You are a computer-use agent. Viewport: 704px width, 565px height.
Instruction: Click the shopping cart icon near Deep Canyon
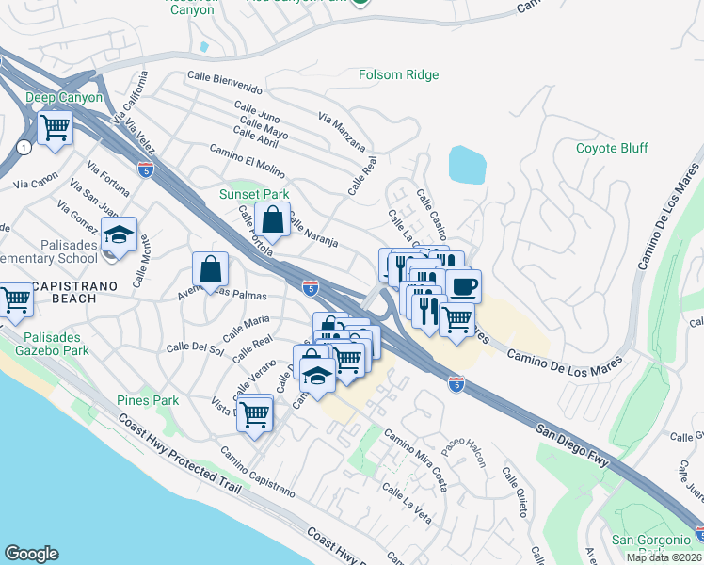point(56,126)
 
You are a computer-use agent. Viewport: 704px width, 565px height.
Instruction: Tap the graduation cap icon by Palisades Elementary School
point(120,235)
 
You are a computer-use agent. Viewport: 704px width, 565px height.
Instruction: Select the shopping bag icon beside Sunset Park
point(272,220)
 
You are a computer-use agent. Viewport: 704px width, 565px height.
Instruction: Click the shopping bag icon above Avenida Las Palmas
point(210,269)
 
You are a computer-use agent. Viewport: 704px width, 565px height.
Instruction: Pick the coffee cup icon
point(462,286)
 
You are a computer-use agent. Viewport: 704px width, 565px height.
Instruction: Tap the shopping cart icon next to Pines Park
point(254,412)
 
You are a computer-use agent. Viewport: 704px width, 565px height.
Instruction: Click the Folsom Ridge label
point(404,74)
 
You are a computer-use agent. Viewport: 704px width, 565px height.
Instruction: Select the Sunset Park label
point(254,194)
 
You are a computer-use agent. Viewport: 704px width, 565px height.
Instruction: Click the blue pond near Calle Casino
point(468,165)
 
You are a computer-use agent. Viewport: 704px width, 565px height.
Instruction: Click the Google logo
point(31,554)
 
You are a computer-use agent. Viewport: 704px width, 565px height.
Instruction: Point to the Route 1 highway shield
point(21,147)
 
